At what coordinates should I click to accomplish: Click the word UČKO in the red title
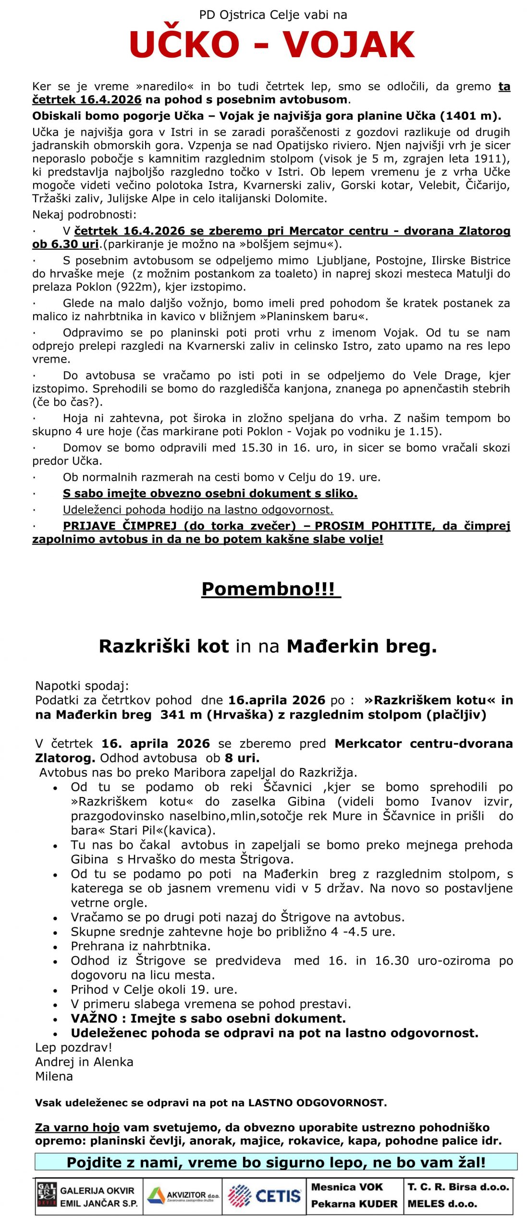[184, 44]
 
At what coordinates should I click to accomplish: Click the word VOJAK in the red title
[348, 44]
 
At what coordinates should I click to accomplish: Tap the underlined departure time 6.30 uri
[65, 244]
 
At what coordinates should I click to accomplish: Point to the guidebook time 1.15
[423, 431]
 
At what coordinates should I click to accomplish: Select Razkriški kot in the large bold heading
[164, 646]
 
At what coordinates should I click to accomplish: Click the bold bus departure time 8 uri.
[242, 758]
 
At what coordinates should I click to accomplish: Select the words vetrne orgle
[109, 903]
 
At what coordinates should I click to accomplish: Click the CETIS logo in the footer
[264, 1195]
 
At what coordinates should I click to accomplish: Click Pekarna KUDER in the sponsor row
[354, 1204]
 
